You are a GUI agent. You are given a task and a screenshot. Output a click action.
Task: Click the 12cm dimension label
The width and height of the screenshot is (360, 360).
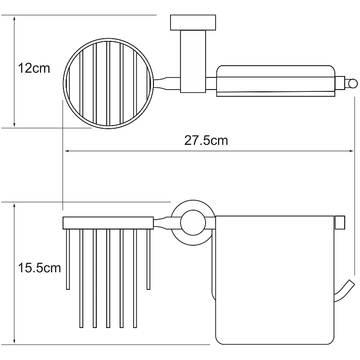pyautogui.click(x=34, y=68)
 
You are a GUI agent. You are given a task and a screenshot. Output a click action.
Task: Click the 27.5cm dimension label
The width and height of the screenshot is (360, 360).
pyautogui.click(x=206, y=140)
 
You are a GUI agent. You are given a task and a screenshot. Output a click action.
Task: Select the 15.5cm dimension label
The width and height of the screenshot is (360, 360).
pyautogui.click(x=39, y=268)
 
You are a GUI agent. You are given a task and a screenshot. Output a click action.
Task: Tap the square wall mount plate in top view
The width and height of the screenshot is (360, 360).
pyautogui.click(x=193, y=22)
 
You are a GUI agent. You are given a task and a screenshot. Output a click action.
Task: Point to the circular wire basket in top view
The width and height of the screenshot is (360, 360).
pyautogui.click(x=64, y=83)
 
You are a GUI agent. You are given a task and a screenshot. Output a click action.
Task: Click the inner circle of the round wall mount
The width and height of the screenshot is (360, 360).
pyautogui.click(x=193, y=222)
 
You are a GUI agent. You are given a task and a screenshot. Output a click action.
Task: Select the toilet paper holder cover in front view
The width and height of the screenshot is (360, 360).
pyautogui.click(x=274, y=280)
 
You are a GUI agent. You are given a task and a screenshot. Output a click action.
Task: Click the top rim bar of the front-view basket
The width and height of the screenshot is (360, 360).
pyautogui.click(x=108, y=223)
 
